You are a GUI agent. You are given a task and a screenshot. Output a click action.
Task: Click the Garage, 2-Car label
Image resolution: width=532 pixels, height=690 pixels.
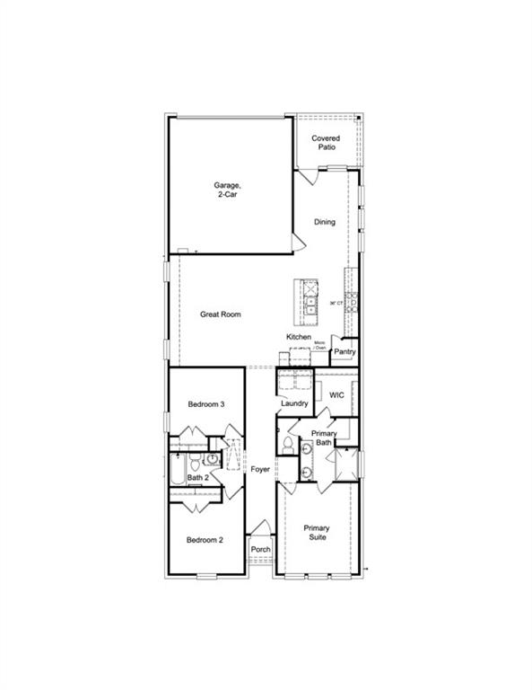tap(227, 190)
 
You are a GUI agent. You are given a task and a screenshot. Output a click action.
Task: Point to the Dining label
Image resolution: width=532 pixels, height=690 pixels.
tap(325, 222)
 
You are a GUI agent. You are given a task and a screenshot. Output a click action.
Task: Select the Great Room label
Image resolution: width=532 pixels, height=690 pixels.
tap(220, 314)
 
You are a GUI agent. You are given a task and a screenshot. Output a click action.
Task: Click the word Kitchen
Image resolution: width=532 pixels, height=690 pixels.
tap(299, 337)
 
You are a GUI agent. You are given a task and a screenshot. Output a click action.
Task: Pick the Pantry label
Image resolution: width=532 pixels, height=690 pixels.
tap(344, 352)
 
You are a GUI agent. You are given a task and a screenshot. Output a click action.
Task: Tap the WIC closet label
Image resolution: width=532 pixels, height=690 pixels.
tap(337, 394)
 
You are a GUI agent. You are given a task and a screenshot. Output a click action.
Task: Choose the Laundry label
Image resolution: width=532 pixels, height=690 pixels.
tap(294, 403)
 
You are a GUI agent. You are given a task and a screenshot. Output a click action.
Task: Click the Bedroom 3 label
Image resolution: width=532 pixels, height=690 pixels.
tap(205, 405)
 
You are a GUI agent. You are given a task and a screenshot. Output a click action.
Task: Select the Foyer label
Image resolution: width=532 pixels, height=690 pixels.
tap(260, 469)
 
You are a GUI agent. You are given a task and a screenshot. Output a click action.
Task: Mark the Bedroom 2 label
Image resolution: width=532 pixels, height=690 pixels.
tap(205, 540)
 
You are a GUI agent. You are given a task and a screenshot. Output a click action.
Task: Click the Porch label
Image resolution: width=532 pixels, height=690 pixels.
tap(260, 549)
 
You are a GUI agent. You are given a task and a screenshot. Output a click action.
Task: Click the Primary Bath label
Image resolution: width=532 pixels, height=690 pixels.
tap(323, 438)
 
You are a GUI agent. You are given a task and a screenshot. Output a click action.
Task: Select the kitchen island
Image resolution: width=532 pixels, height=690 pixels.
tap(308, 302)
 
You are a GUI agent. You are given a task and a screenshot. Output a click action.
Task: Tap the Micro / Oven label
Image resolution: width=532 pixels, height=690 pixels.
tap(319, 346)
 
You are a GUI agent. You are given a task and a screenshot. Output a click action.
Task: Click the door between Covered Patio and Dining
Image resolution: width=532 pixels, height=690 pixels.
tap(308, 177)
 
